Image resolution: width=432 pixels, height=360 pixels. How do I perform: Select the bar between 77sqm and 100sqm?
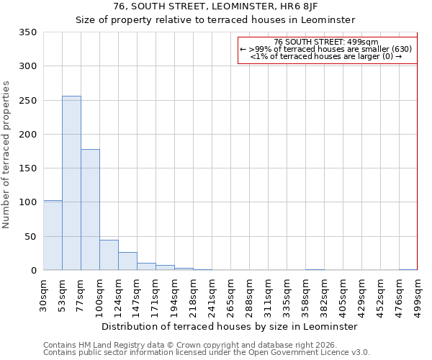pos(90,210)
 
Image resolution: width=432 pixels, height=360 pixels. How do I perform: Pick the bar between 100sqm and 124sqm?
pos(109,255)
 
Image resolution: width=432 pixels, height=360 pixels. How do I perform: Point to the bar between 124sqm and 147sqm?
pos(127,261)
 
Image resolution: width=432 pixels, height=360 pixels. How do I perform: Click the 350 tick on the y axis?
pos(27,32)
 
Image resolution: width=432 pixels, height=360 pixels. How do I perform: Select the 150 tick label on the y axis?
pos(27,168)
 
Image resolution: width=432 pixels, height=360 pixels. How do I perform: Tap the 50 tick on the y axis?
pos(30,237)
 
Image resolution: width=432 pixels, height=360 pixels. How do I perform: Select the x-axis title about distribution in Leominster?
pos(229,326)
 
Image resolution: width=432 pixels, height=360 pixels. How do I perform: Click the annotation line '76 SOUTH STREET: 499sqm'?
pos(326,42)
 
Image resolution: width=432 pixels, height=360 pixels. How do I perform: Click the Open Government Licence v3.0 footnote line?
pos(207,353)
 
